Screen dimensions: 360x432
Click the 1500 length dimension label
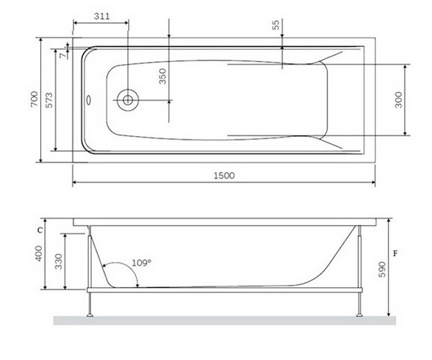pyautogui.click(x=225, y=176)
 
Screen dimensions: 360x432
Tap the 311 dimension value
pyautogui.click(x=102, y=15)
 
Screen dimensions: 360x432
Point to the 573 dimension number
pyautogui.click(x=49, y=100)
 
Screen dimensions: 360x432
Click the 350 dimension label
pyautogui.click(x=163, y=76)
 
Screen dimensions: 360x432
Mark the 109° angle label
pyautogui.click(x=141, y=264)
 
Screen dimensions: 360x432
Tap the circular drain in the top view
pyautogui.click(x=128, y=100)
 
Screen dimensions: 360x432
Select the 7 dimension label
pyautogui.click(x=64, y=53)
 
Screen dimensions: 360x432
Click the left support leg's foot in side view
pyautogui.click(x=90, y=315)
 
